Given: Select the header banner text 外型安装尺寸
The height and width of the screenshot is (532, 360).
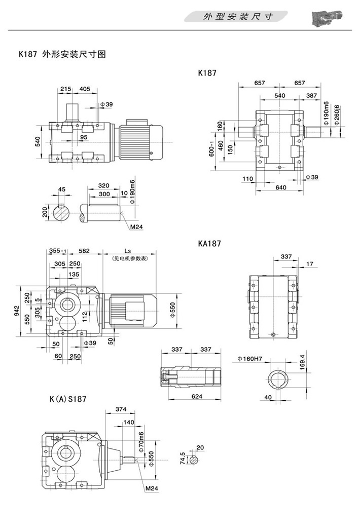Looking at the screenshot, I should tap(238, 17).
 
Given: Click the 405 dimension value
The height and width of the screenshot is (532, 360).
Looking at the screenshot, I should tap(85, 89).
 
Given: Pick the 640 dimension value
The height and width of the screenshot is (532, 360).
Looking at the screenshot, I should tap(281, 187).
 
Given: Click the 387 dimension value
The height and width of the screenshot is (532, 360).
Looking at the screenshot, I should tap(311, 96).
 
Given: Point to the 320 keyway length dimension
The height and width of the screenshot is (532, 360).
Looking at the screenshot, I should tap(104, 185).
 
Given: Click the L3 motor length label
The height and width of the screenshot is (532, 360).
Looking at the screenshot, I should tap(127, 251).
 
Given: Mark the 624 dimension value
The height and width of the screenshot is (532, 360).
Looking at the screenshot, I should tap(192, 396).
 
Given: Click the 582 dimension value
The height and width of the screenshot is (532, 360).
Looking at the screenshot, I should tap(84, 251).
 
